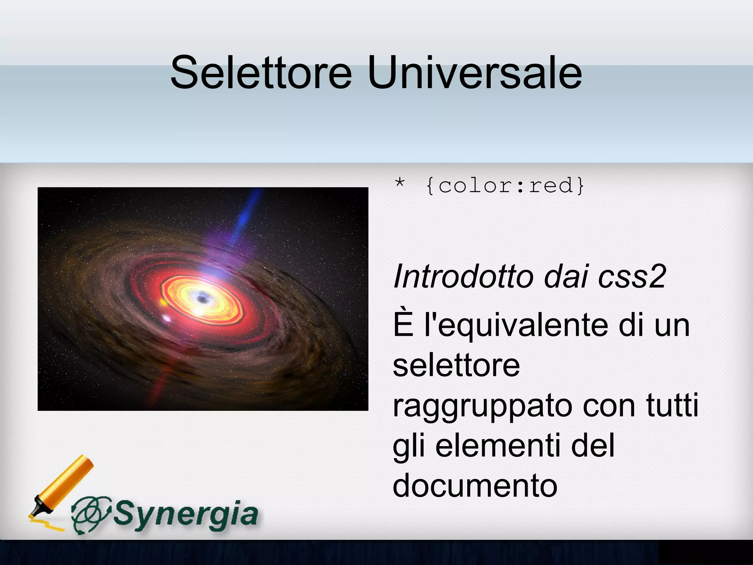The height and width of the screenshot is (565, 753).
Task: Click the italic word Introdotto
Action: click(464, 277)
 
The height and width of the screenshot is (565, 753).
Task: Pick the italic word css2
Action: click(632, 277)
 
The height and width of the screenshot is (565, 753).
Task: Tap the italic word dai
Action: click(567, 277)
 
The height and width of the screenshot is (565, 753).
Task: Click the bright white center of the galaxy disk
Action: click(201, 297)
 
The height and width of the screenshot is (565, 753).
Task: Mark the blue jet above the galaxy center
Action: click(245, 217)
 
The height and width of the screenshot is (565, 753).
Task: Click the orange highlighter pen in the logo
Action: click(63, 486)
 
